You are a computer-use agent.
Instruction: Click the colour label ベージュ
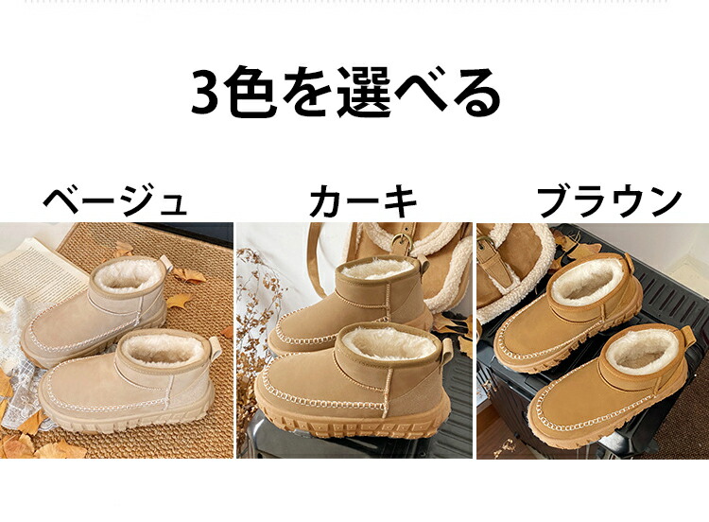(114, 201)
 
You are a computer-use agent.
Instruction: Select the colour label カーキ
(363, 201)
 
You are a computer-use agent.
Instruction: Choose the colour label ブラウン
(609, 201)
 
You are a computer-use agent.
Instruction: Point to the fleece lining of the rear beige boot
(128, 276)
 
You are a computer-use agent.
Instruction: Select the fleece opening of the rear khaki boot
(377, 269)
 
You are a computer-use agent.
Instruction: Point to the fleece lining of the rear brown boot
(587, 279)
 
